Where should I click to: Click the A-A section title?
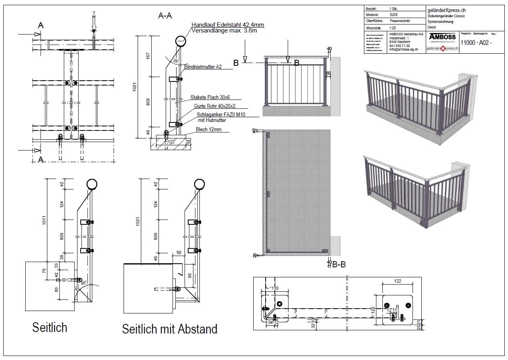(165, 16)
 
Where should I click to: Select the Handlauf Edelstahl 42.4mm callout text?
(228, 25)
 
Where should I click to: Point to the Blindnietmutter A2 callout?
(203, 67)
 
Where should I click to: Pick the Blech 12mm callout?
(208, 130)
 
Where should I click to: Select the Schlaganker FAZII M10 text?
(221, 115)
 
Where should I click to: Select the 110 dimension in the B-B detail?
(274, 288)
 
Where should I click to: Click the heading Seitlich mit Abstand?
(170, 329)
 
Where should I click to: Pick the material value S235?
(394, 14)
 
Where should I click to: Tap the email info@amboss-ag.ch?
(404, 49)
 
